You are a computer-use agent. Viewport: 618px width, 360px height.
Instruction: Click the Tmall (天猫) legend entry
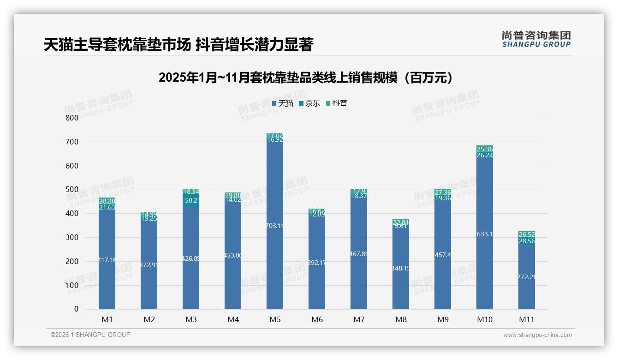283,103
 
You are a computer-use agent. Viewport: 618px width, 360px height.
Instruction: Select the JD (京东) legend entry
309,103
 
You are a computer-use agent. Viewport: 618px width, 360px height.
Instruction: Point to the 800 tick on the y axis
71,118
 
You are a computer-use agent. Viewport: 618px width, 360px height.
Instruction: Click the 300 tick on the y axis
71,237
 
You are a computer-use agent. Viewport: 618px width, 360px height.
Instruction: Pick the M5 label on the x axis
275,319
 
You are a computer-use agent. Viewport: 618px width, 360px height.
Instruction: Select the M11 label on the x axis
527,319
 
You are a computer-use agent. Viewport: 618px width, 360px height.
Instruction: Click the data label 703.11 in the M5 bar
275,226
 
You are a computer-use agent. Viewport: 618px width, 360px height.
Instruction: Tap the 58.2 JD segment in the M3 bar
191,200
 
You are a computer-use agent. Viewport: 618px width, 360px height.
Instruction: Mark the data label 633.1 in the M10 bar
485,234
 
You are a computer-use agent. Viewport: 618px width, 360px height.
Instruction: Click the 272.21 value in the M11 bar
527,277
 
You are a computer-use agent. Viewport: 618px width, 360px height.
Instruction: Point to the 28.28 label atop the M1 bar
107,201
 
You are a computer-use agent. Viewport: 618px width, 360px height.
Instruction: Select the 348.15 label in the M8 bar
401,268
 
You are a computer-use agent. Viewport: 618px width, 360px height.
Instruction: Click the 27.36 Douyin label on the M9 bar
443,192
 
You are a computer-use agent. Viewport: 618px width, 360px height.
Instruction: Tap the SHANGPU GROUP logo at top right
536,39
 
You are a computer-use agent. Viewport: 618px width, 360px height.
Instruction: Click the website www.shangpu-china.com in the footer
537,335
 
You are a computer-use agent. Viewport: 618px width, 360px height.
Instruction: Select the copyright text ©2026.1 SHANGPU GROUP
90,335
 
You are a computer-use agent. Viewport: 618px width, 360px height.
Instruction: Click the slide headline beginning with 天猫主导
178,45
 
